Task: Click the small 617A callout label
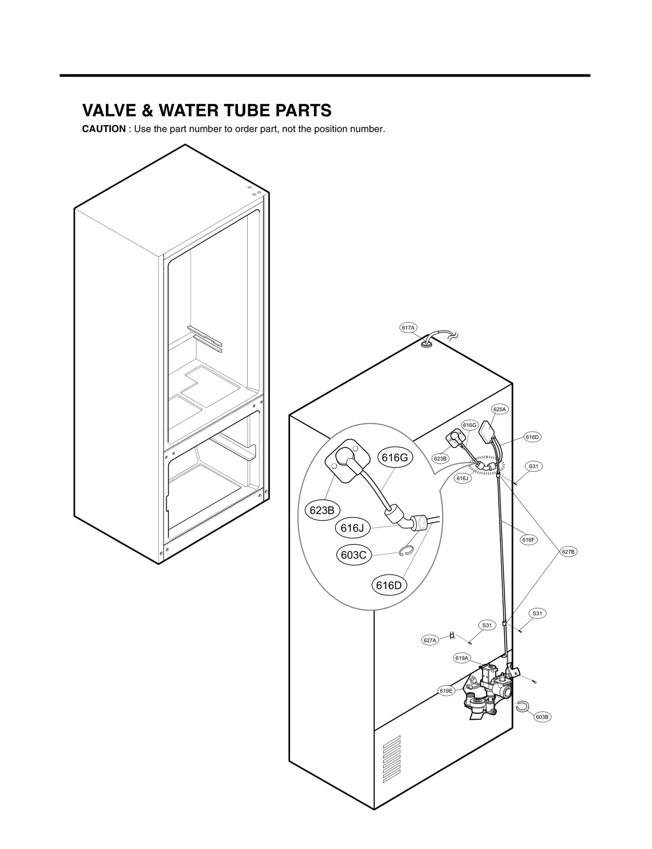[x=408, y=328]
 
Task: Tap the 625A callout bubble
[x=500, y=409]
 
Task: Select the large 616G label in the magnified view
[x=394, y=457]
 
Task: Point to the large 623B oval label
[x=322, y=510]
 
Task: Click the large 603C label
[x=353, y=555]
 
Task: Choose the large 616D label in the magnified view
[x=389, y=585]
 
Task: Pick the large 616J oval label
[x=352, y=528]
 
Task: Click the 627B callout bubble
[x=568, y=552]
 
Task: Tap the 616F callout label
[x=528, y=540]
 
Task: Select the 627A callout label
[x=430, y=640]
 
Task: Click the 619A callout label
[x=462, y=669]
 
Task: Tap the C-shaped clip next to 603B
[x=522, y=707]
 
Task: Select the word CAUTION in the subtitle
[x=104, y=129]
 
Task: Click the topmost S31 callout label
[x=533, y=466]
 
